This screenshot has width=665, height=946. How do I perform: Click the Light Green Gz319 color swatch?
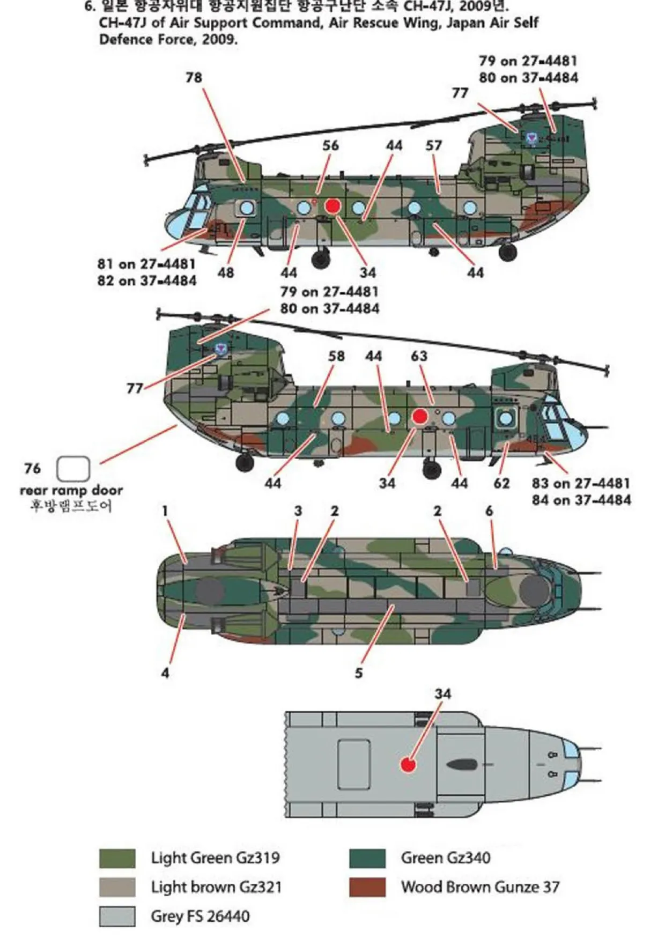(117, 858)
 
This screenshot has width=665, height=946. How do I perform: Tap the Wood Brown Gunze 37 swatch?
(367, 887)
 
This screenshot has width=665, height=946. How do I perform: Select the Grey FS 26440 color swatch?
(117, 916)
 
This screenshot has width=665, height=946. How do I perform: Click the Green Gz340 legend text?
(445, 858)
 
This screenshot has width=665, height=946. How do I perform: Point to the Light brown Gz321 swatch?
(117, 887)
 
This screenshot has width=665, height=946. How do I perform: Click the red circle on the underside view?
(409, 764)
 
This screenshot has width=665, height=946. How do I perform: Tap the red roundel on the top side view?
(333, 206)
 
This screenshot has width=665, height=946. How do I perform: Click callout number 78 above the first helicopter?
(194, 78)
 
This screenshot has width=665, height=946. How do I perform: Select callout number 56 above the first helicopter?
(330, 145)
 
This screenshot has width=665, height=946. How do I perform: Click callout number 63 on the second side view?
(419, 356)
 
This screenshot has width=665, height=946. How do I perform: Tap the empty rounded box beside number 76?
(73, 469)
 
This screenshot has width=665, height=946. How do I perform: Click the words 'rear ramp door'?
(71, 490)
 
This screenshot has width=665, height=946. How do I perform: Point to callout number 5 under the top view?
(359, 673)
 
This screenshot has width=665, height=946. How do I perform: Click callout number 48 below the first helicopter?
(225, 272)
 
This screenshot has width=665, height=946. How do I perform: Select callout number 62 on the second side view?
(501, 483)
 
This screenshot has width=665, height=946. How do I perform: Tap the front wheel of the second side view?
(432, 469)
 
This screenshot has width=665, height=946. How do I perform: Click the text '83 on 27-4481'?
(581, 483)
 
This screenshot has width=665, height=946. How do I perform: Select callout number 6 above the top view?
(489, 511)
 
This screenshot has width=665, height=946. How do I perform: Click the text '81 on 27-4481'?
(146, 264)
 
